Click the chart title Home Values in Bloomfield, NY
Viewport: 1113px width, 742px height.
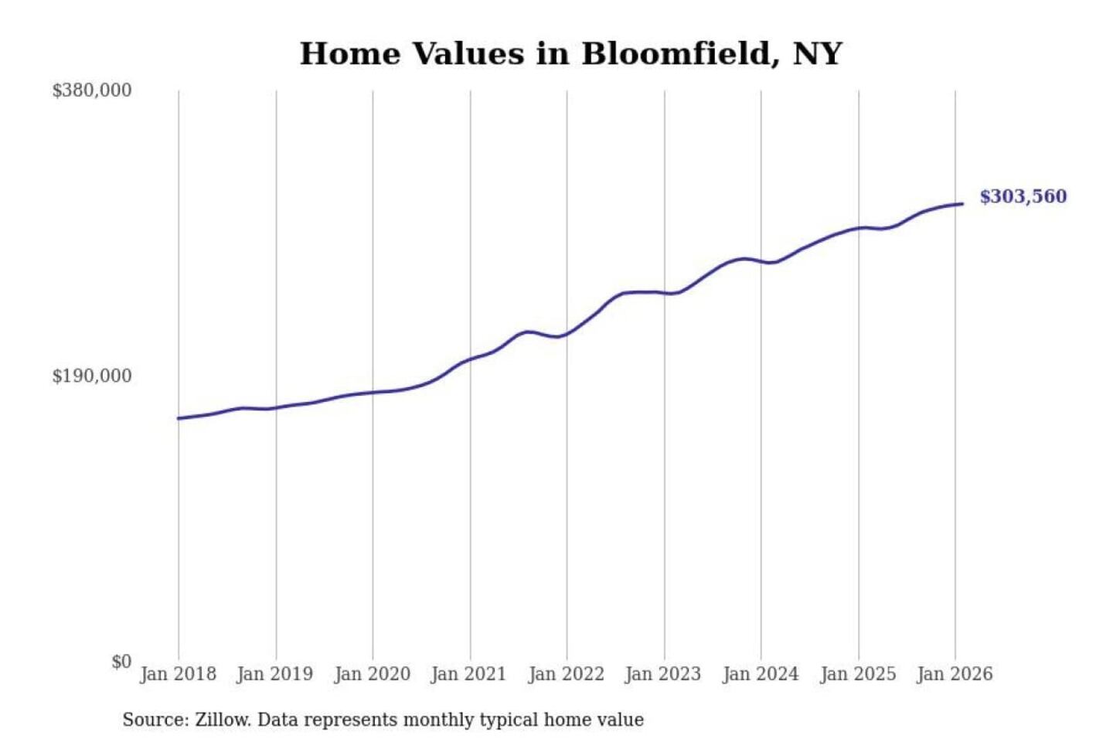(570, 54)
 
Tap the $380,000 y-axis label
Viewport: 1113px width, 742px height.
(92, 90)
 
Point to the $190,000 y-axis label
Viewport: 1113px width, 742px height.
(92, 376)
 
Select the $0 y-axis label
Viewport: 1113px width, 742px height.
(121, 662)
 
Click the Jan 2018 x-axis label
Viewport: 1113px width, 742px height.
(178, 674)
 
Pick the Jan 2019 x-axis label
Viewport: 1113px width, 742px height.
(275, 674)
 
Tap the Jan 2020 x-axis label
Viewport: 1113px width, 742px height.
(372, 674)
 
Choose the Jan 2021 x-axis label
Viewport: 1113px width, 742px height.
(469, 674)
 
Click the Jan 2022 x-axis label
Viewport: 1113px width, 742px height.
(566, 674)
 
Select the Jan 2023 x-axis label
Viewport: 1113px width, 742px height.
(663, 674)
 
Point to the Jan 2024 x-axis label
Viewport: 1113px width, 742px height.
(761, 674)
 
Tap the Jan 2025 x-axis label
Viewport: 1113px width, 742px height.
(858, 674)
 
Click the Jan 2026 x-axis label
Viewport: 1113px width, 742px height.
(955, 674)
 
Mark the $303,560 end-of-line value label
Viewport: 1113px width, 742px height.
(1023, 196)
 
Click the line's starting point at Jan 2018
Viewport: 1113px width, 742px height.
(179, 418)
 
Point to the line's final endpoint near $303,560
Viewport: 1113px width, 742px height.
(962, 204)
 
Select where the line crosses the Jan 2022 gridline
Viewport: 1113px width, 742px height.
(567, 334)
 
